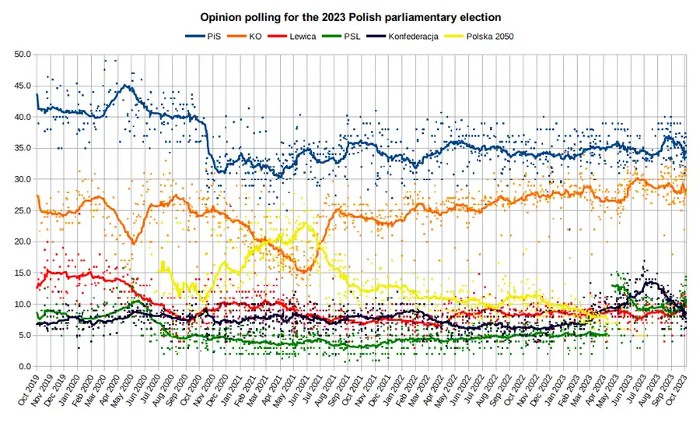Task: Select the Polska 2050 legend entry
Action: [x=489, y=36]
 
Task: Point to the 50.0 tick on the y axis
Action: [x=23, y=55]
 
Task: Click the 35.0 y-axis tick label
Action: [x=23, y=148]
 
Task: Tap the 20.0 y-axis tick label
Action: [x=23, y=241]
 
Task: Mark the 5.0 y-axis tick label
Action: [x=25, y=335]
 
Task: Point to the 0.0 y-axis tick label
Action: [x=25, y=366]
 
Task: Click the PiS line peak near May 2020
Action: [x=126, y=85]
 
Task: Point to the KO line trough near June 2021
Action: [x=303, y=271]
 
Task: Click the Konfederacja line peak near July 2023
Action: [x=648, y=281]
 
